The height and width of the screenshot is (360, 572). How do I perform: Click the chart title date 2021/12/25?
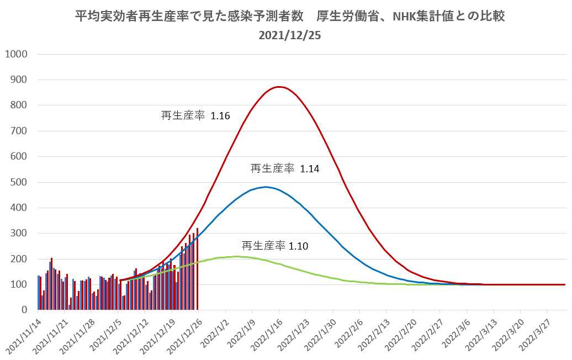click(289, 35)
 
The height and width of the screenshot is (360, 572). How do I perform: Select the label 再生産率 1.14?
click(285, 168)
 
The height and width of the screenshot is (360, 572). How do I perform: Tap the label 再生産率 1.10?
click(275, 246)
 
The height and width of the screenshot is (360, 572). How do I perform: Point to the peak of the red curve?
click(279, 87)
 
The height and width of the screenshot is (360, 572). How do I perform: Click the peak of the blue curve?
click(266, 187)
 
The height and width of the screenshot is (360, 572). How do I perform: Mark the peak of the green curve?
click(236, 257)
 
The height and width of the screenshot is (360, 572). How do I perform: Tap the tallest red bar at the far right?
click(197, 269)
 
